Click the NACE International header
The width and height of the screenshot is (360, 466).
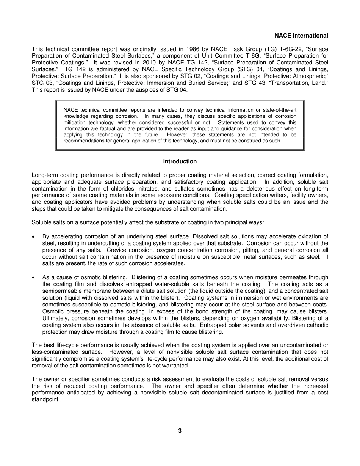[x=301, y=36]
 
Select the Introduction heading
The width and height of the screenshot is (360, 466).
[x=180, y=161]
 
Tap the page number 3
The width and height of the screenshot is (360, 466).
[x=180, y=431]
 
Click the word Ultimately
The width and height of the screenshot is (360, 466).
[x=55, y=319]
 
